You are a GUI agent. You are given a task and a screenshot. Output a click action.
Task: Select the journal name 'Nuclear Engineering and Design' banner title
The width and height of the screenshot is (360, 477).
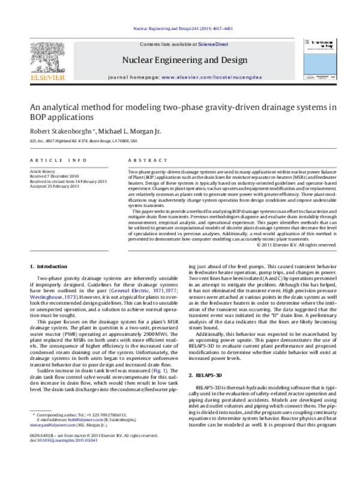coord(184,60)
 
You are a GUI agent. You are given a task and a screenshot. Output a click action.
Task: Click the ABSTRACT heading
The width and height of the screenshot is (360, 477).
coord(143,161)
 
